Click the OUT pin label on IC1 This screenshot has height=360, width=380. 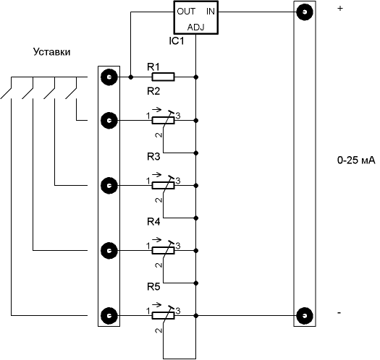[x=186, y=12]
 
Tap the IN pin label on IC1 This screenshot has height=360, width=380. [x=211, y=12]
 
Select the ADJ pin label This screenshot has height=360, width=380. [x=196, y=27]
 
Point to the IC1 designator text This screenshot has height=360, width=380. [x=177, y=41]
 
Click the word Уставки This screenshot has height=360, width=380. [x=51, y=52]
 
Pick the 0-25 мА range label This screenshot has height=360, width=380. [x=356, y=160]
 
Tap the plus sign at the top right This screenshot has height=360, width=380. [x=340, y=9]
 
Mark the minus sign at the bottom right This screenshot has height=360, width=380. [x=339, y=313]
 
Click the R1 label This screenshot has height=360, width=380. [x=153, y=67]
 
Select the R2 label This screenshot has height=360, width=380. [x=153, y=91]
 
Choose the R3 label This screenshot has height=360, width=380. [x=153, y=157]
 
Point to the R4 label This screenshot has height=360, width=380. [x=153, y=221]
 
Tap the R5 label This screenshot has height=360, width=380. [x=153, y=287]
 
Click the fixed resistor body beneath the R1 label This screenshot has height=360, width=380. [x=163, y=77]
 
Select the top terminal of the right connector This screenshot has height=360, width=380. [x=305, y=12]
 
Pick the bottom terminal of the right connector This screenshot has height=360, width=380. [x=305, y=316]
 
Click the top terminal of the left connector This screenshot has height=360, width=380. [x=109, y=77]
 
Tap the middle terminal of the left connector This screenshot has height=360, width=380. [x=109, y=186]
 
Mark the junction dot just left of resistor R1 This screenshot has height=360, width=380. [x=130, y=77]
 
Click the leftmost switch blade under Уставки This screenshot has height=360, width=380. [x=6, y=94]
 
